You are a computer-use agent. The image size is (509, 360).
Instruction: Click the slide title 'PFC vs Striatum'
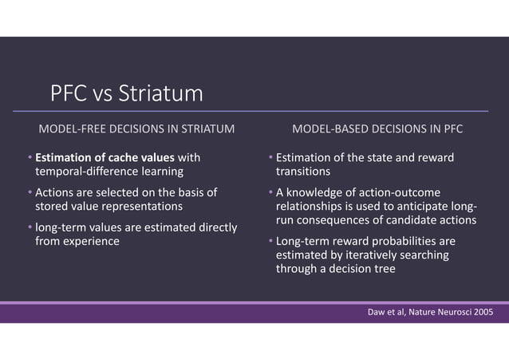tap(126, 95)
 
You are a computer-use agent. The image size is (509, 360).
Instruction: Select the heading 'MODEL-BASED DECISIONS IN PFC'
tap(377, 128)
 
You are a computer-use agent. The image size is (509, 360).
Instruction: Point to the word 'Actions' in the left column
tap(53, 192)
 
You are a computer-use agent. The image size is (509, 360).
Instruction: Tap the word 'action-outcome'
tap(388, 192)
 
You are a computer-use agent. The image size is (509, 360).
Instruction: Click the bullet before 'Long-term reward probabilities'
tap(270, 241)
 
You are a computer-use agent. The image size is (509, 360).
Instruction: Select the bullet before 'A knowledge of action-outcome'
tap(270, 192)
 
